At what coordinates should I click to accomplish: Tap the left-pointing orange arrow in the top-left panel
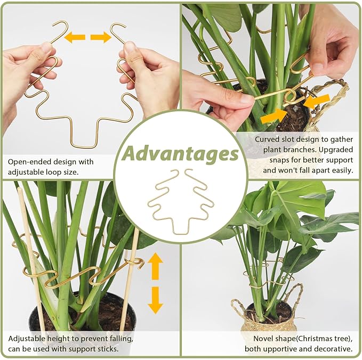[x=75, y=37]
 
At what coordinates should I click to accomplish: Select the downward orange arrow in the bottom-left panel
[x=155, y=300]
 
